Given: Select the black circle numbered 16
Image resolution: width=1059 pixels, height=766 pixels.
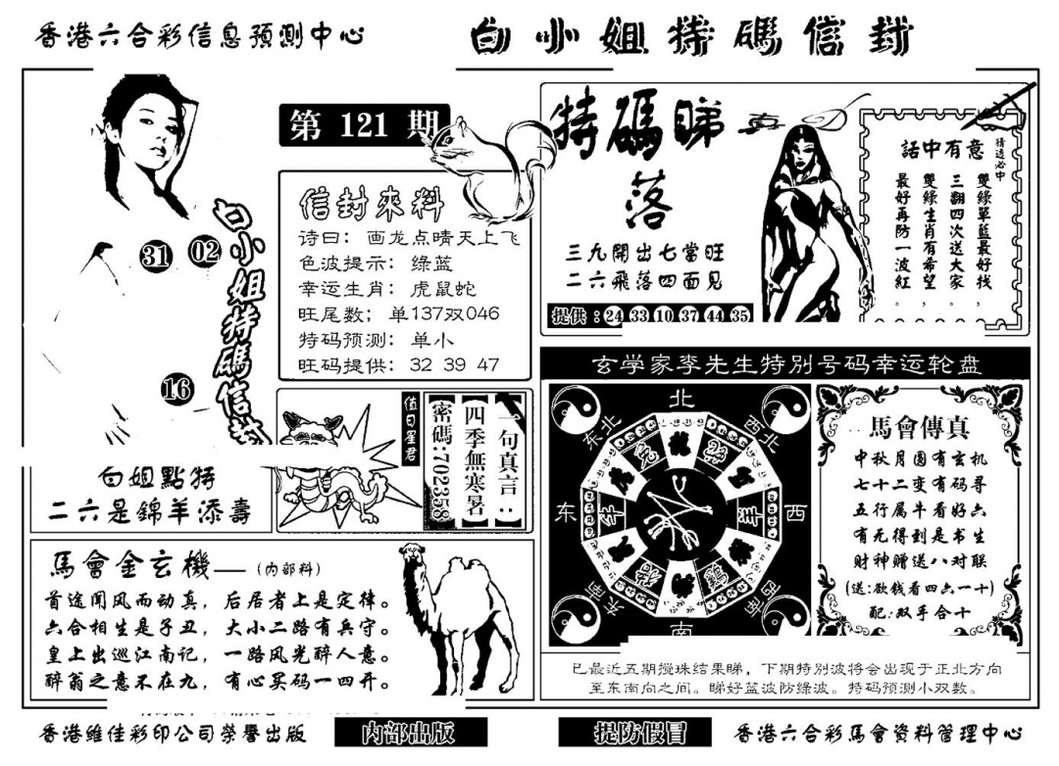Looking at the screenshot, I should (x=177, y=390).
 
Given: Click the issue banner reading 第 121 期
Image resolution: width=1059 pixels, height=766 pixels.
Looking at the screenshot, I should (x=363, y=126).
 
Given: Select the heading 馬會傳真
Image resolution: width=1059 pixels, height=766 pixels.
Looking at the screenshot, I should (x=908, y=428).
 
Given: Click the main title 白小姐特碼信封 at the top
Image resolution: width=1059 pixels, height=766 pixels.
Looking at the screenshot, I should (x=691, y=39).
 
